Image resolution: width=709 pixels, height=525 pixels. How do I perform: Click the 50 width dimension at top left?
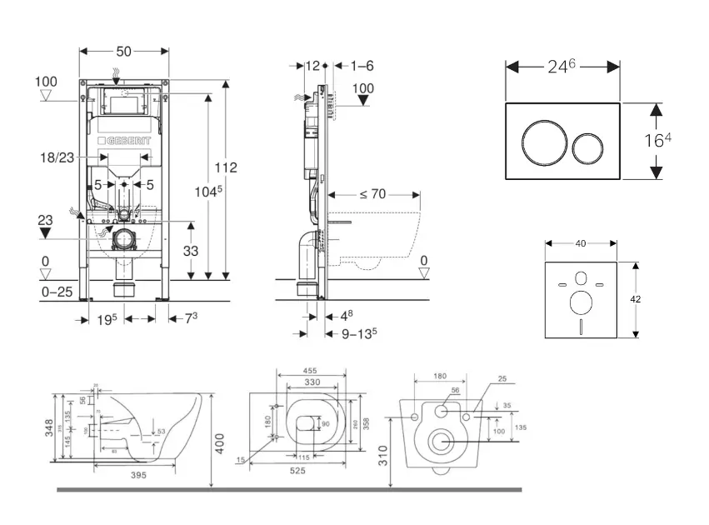[x=123, y=52]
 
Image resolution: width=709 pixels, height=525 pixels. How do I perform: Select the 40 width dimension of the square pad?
[x=580, y=243]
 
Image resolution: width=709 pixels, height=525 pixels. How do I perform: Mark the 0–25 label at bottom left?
[x=57, y=292]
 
